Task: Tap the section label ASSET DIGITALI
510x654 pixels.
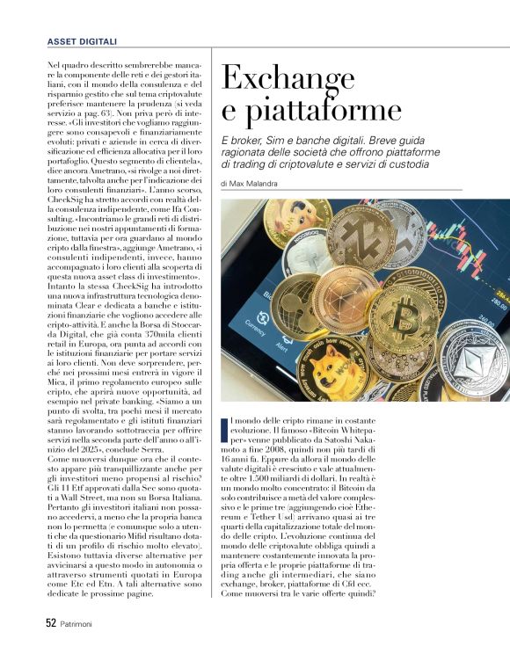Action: click(x=82, y=41)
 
